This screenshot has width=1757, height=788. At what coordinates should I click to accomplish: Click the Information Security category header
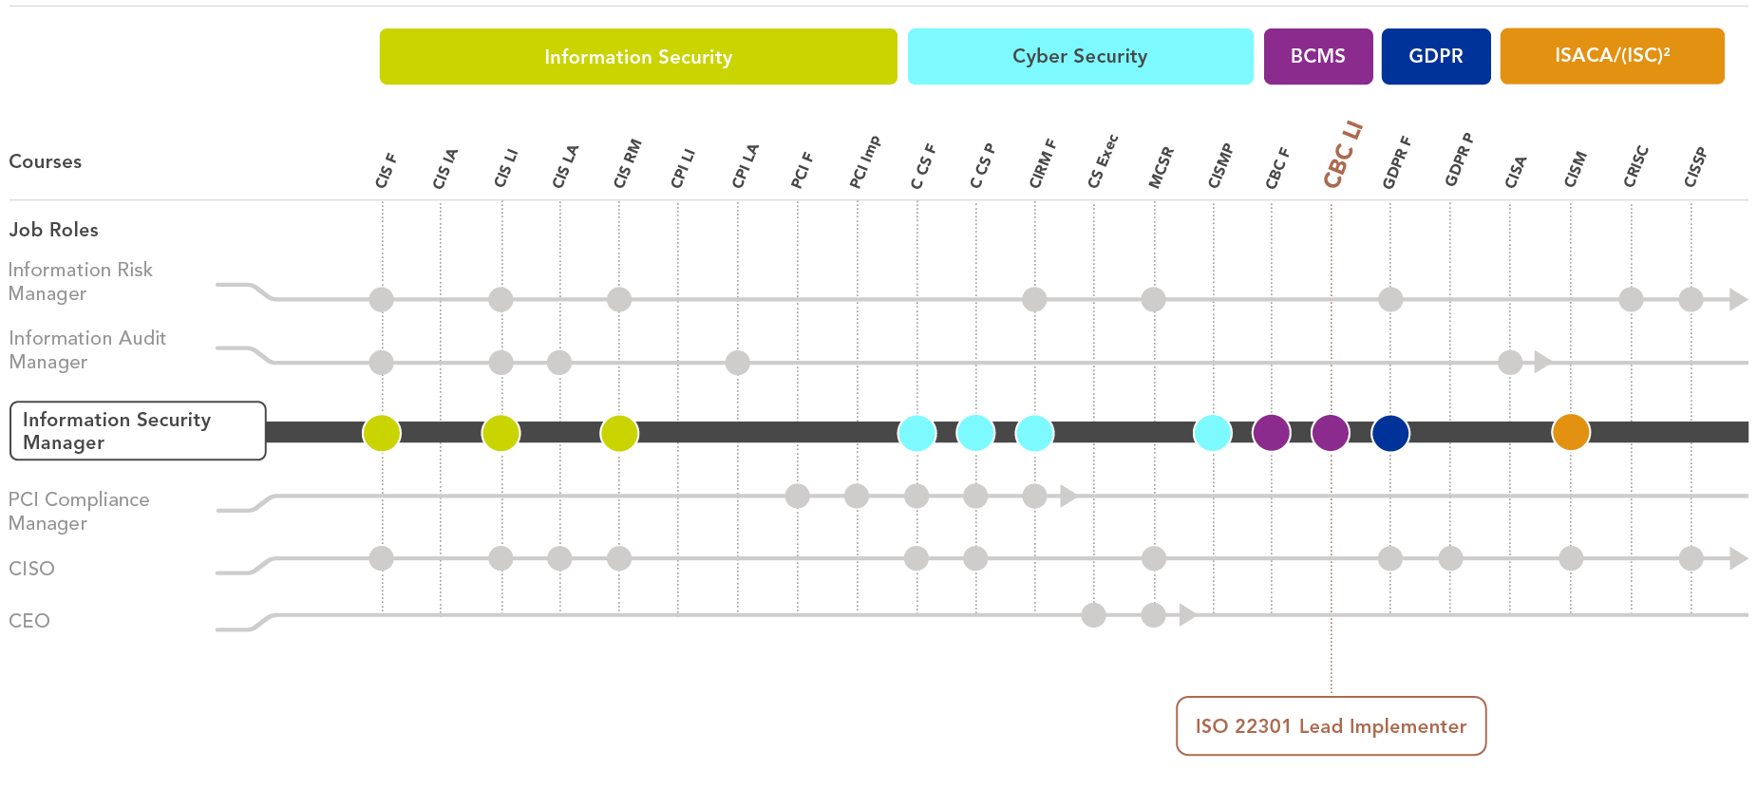638,57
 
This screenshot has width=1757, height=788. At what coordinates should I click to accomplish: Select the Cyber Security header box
1080,57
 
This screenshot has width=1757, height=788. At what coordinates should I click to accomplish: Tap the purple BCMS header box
1317,57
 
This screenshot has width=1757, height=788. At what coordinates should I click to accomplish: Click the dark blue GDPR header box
1435,57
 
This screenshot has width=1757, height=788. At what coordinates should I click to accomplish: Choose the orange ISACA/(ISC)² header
1612,57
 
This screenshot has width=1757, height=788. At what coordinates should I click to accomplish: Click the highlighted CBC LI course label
1342,156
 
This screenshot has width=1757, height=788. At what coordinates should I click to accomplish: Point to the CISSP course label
1695,167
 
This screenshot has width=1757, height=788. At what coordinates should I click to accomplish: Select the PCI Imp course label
864,162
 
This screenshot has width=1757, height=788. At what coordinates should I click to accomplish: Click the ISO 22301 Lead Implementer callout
1331,726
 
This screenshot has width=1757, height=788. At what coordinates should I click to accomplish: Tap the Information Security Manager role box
138,431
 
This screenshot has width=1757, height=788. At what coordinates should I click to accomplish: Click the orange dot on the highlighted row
1571,432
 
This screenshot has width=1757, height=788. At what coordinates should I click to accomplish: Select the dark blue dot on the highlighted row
1390,432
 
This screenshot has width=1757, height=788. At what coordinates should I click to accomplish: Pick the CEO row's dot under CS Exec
1093,615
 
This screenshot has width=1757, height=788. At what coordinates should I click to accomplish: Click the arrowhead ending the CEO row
1186,615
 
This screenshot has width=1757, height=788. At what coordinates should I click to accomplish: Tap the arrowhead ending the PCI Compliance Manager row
1067,496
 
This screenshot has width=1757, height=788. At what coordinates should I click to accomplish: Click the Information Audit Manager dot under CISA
1510,362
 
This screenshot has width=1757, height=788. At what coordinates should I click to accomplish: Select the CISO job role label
31,569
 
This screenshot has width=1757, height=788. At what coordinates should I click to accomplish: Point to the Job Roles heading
54,230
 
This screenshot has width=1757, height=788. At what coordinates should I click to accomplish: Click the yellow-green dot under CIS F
382,432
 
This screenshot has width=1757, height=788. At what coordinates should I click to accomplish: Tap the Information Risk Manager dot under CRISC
1631,299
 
